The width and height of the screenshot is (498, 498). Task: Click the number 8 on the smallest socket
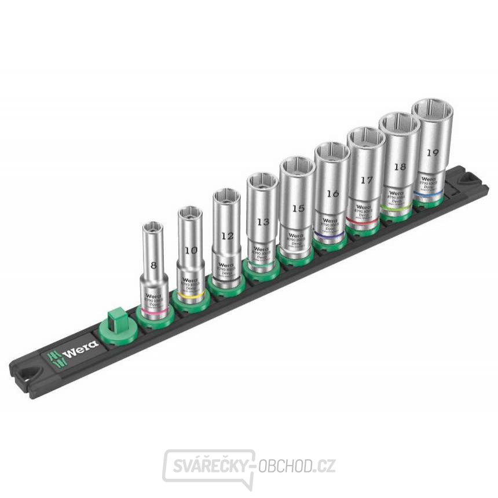153,266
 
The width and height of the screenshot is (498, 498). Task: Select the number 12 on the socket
227,236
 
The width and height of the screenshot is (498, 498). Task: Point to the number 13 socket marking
263,221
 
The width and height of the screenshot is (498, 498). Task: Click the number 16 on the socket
332,193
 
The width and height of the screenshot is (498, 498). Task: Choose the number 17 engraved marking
366,180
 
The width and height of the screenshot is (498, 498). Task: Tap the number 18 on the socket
399,166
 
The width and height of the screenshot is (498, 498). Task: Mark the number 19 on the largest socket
432,153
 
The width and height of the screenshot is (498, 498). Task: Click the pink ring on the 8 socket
155,307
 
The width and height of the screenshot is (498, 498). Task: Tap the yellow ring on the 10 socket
192,294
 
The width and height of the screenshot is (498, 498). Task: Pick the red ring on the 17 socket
364,221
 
